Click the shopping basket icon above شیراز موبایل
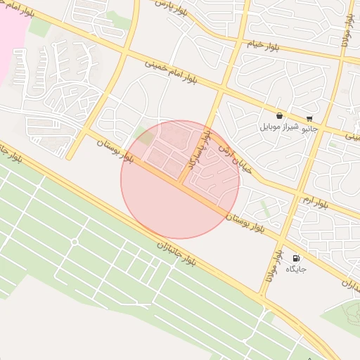click(280, 115)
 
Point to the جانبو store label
click(309, 129)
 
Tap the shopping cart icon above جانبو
click(309, 118)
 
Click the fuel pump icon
click(295, 258)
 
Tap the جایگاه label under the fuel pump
click(295, 269)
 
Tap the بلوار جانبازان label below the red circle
click(179, 259)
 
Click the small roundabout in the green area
click(74, 242)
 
